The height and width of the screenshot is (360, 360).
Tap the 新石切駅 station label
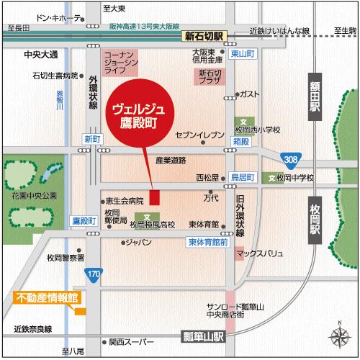(204, 37)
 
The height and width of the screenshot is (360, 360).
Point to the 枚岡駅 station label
(315, 219)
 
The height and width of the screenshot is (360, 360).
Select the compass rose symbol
(338, 336)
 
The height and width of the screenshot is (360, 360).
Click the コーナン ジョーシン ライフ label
(117, 64)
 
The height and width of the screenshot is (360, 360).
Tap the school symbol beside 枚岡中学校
(271, 177)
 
